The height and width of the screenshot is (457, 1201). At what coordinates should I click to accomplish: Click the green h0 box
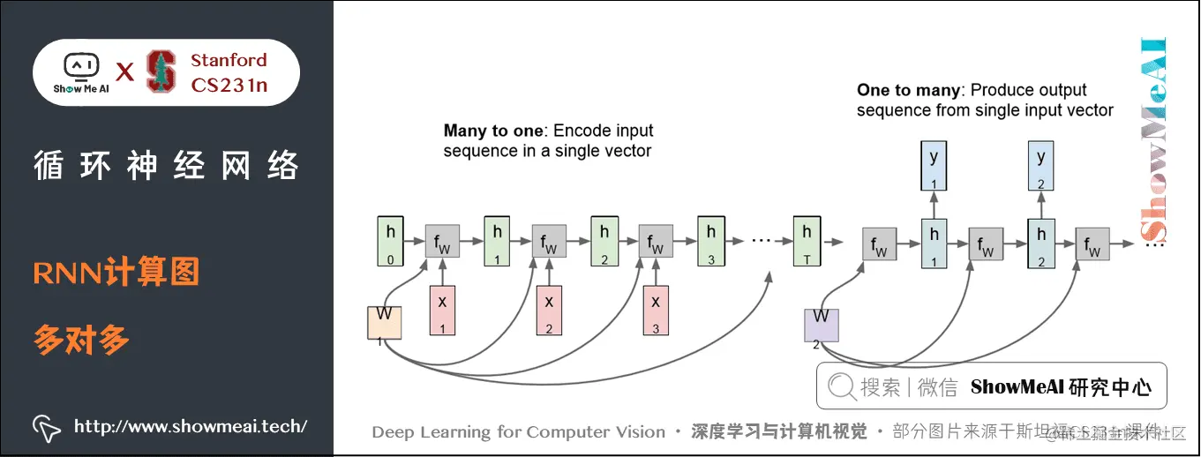[391, 240]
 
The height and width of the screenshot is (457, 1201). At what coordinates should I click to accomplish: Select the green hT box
[807, 240]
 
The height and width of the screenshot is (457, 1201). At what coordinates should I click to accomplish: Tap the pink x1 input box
[443, 311]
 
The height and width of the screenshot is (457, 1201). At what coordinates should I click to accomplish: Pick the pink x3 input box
[656, 311]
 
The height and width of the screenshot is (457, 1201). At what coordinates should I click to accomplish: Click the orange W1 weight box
[385, 322]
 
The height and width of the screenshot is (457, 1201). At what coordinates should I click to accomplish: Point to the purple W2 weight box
[821, 324]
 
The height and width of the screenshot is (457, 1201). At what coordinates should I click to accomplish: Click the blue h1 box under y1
[934, 243]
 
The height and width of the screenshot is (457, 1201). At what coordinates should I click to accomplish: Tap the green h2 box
[604, 240]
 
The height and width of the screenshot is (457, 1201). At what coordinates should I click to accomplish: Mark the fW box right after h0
[443, 241]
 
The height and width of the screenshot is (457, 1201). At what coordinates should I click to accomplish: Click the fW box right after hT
[879, 243]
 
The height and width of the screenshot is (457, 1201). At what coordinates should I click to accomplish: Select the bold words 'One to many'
[909, 90]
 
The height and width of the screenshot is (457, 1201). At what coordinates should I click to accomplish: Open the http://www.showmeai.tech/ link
[190, 427]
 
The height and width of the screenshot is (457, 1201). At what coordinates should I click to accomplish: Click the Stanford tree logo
[161, 71]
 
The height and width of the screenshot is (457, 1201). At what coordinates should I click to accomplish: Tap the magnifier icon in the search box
[842, 386]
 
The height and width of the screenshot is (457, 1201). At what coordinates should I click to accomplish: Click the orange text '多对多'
[82, 340]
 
